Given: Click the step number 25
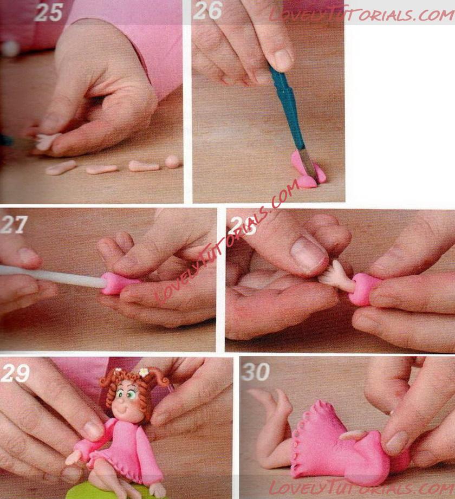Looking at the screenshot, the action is pyautogui.click(x=48, y=12).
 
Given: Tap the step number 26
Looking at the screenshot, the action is pyautogui.click(x=207, y=10).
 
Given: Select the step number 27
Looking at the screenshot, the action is pyautogui.click(x=14, y=225).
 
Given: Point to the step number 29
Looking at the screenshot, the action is pyautogui.click(x=15, y=373).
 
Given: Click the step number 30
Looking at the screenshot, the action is pyautogui.click(x=256, y=372).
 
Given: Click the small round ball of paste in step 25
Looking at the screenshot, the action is pyautogui.click(x=173, y=161).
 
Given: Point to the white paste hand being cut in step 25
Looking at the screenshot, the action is pyautogui.click(x=46, y=141).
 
